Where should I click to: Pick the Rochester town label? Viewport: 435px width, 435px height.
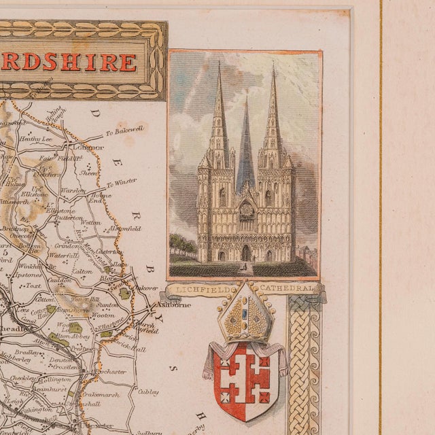(x=111, y=372)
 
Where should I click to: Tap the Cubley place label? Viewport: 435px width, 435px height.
(x=148, y=391)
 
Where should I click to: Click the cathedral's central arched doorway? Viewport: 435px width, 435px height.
(x=245, y=253)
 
